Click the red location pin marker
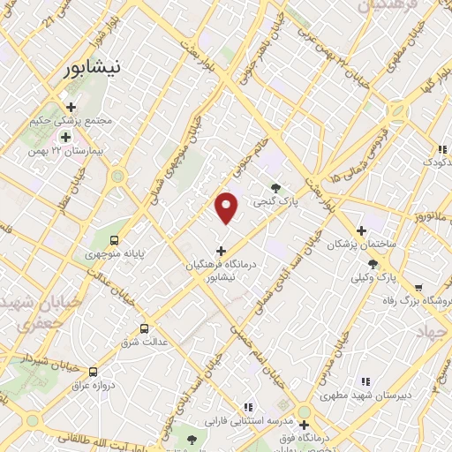227,207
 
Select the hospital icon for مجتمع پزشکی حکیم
72,107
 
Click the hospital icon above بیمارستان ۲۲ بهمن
64,137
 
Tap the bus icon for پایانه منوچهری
114,239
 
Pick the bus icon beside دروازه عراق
94,371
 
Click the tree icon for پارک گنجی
277,188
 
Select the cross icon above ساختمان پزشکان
361,230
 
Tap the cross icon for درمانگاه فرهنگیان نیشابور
221,251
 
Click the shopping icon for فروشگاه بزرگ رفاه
418,287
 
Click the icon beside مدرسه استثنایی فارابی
247,406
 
